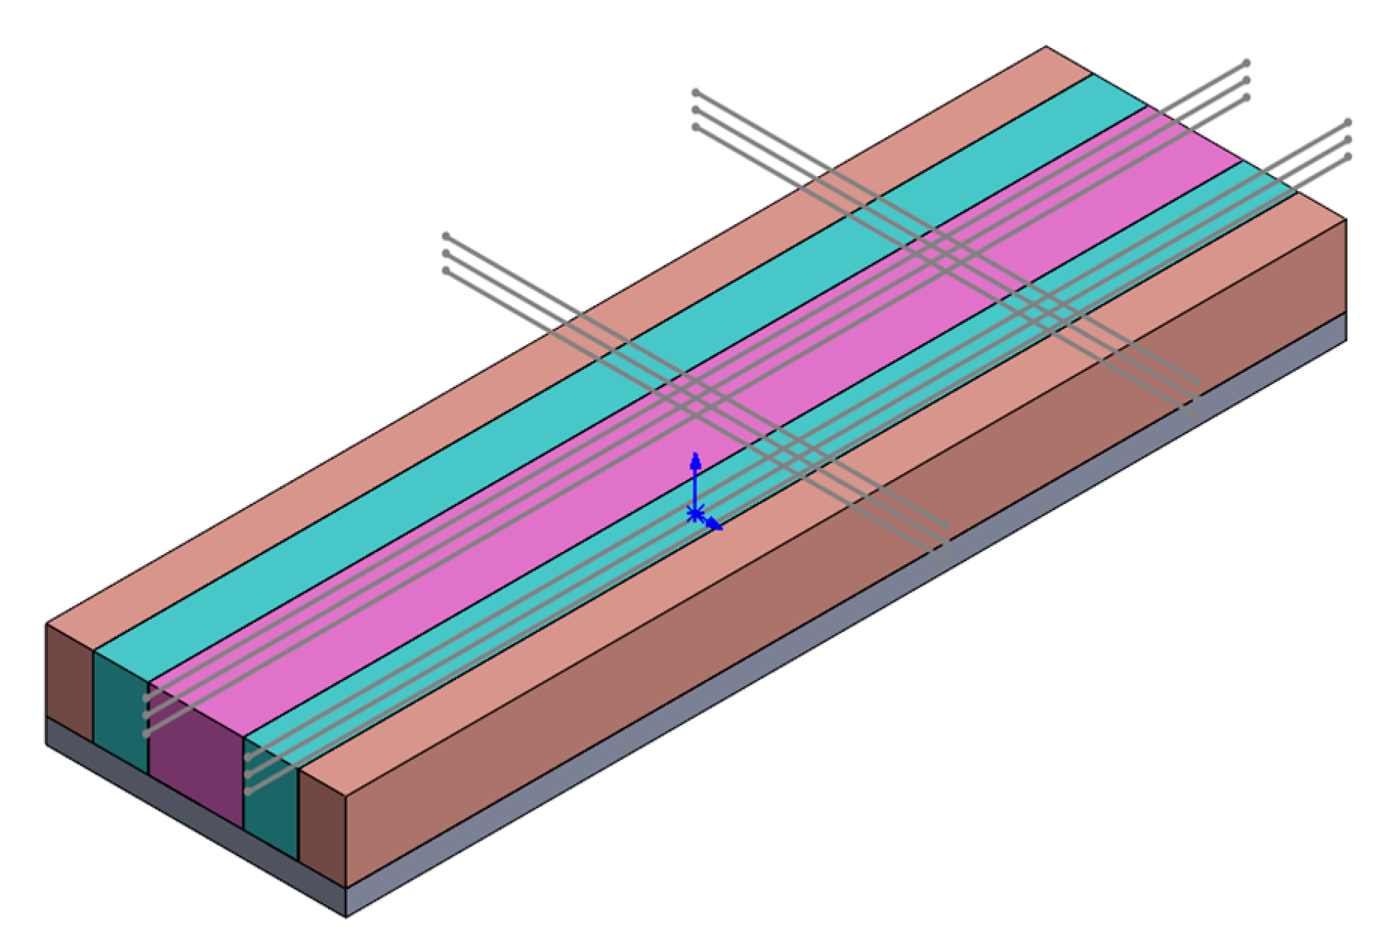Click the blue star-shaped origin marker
pyautogui.click(x=695, y=514)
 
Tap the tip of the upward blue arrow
pyautogui.click(x=696, y=454)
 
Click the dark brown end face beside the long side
pyautogui.click(x=322, y=827)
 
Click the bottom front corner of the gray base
pyautogui.click(x=345, y=917)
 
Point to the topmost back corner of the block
pyautogui.click(x=1046, y=47)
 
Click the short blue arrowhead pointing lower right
pyautogui.click(x=716, y=526)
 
